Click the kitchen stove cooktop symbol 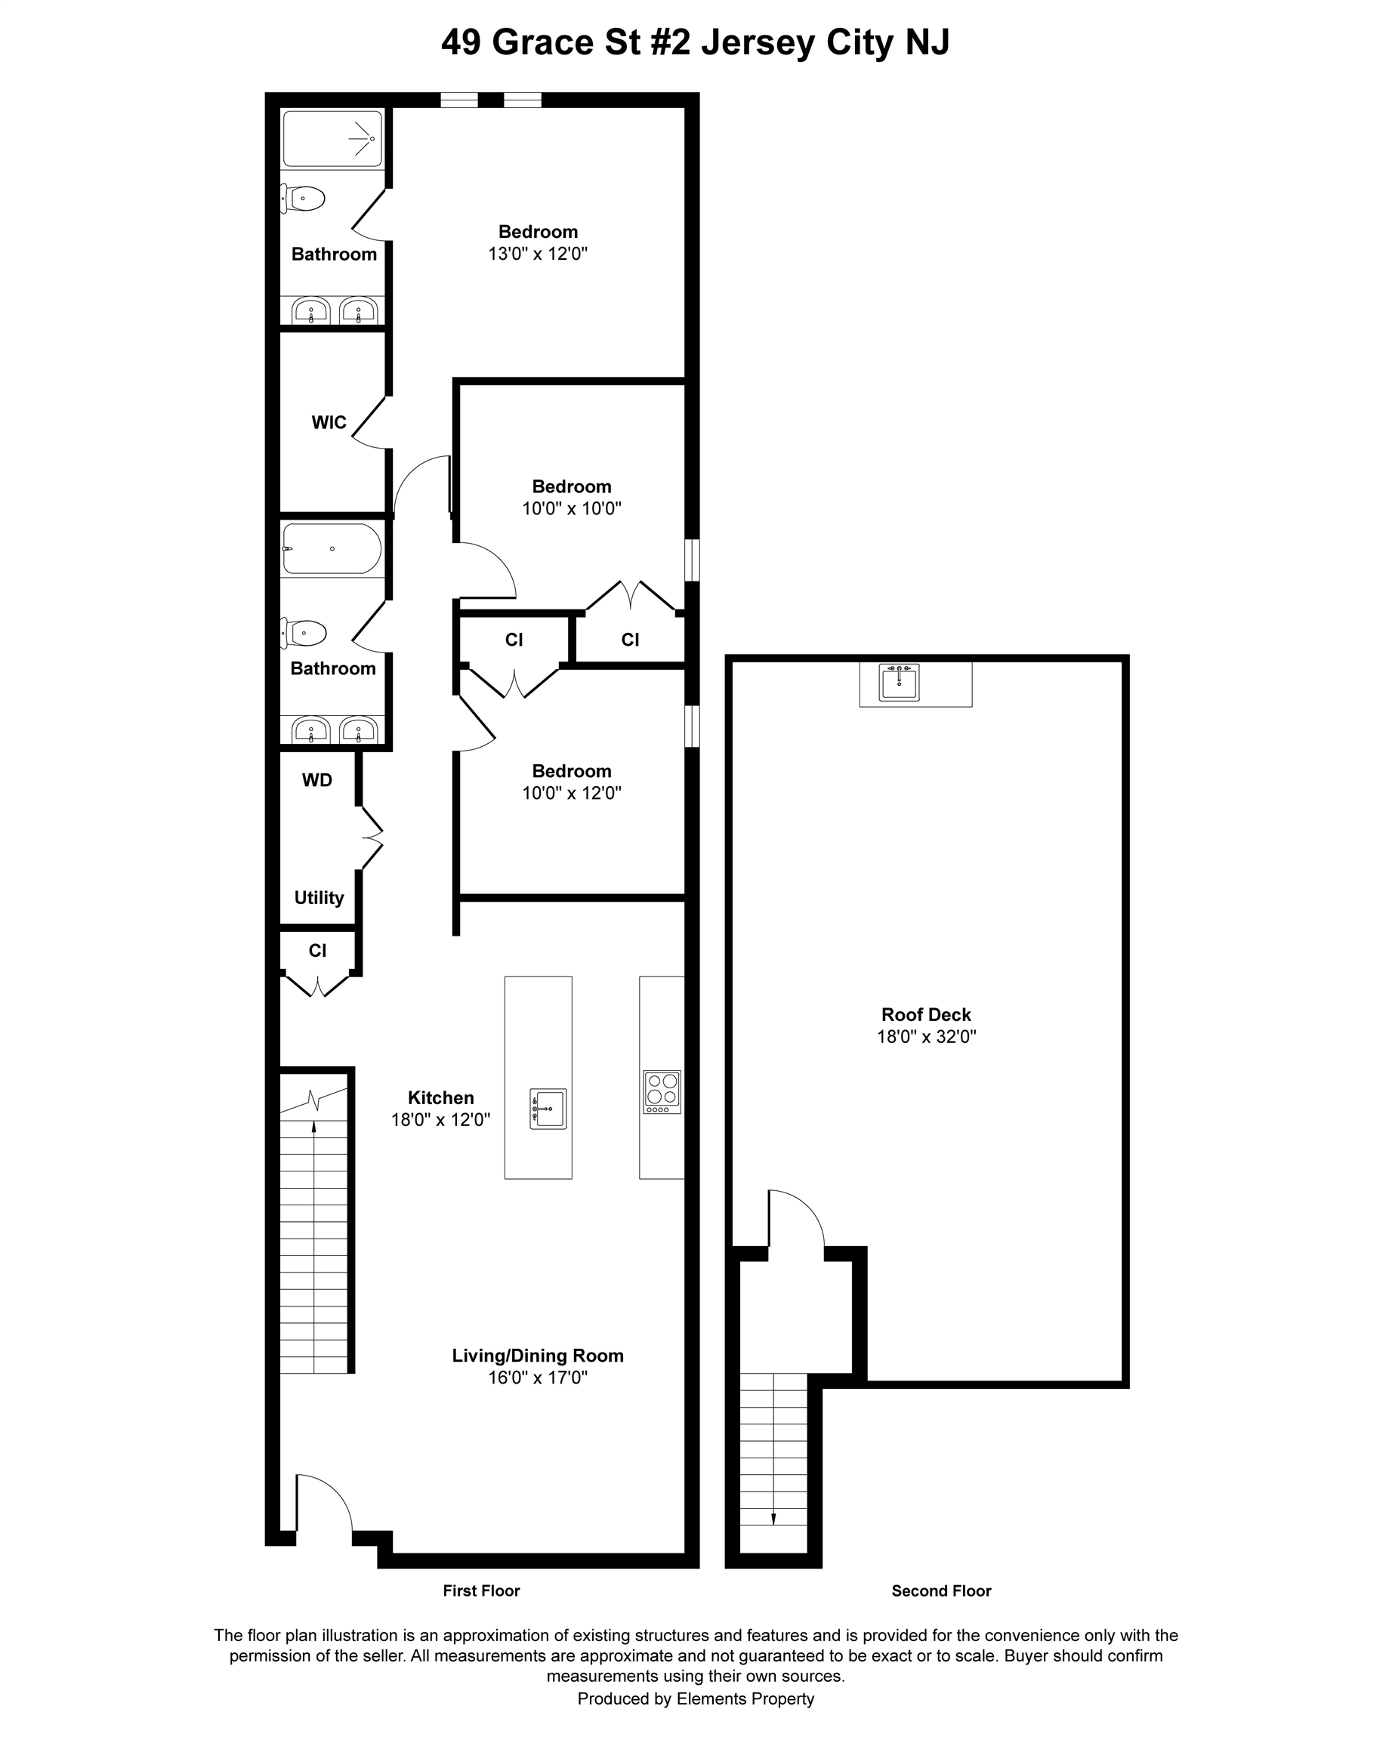(662, 1092)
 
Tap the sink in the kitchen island (549, 1108)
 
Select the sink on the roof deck (898, 683)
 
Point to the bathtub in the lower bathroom (332, 549)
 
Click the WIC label (329, 422)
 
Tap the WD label (316, 779)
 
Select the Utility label (319, 897)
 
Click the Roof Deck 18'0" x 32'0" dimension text (927, 1037)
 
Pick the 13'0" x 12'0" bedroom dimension (538, 254)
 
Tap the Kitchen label (440, 1097)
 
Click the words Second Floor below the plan (941, 1590)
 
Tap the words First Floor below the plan (481, 1590)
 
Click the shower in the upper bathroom (332, 139)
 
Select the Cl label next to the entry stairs (317, 951)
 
